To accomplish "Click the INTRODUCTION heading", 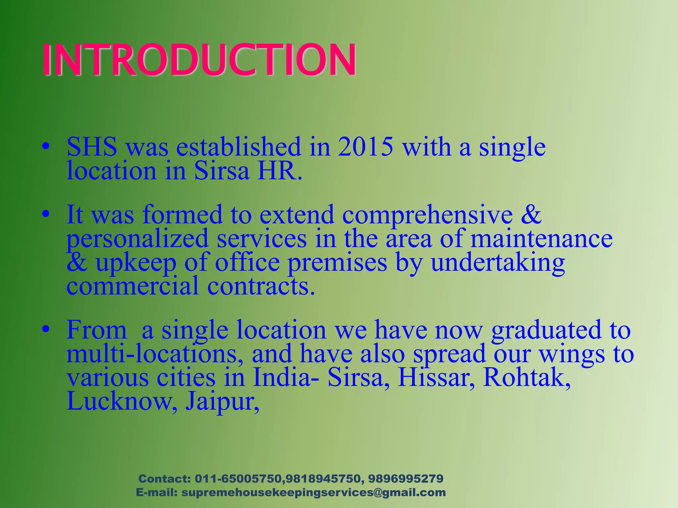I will tap(199, 60).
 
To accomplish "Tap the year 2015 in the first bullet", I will tap(365, 147).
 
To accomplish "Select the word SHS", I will tap(92, 147).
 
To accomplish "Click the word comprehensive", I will tap(427, 215).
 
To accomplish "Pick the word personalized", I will tap(137, 239).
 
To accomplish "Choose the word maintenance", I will tap(542, 238).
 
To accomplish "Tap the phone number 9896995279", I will tap(406, 479).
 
